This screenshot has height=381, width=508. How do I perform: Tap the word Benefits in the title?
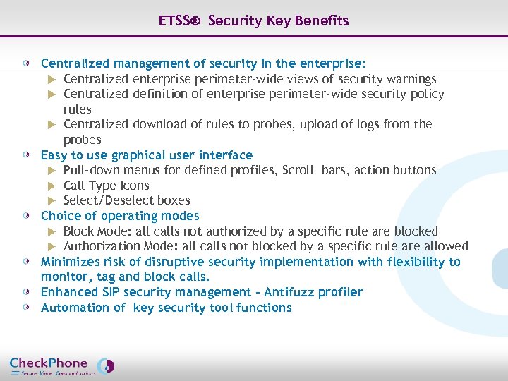[x=322, y=20]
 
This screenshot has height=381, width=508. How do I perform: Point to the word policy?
[x=428, y=95]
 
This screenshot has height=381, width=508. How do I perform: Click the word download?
[x=159, y=125]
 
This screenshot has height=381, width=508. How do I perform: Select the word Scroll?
[x=298, y=170]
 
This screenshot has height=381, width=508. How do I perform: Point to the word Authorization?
[x=102, y=246]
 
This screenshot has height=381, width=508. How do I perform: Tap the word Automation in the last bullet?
[x=74, y=308]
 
